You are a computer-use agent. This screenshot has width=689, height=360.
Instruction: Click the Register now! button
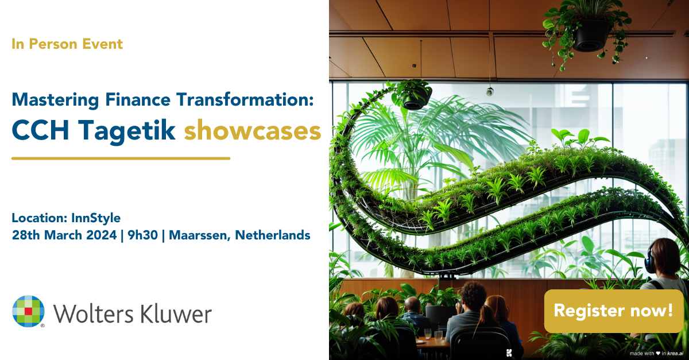point(614,311)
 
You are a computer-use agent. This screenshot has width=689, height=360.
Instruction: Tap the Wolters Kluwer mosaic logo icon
point(28,311)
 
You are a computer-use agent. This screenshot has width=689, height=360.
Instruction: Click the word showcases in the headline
point(253,131)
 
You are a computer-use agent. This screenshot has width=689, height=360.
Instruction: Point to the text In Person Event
point(67,44)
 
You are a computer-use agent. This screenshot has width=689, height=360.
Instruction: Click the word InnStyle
point(96,218)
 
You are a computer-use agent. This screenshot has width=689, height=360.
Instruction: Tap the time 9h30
point(143,235)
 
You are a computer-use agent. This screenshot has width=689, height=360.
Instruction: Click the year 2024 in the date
point(102,235)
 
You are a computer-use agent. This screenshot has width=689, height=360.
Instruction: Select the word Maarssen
point(200,235)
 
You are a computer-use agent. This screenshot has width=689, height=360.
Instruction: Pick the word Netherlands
point(273,235)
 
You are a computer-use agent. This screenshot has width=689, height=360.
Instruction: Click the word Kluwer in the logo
point(176,314)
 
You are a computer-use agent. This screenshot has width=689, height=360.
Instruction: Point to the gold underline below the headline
point(121,158)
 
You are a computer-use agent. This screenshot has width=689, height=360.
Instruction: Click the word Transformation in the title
point(245,99)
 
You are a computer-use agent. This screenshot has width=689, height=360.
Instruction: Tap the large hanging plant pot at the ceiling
point(590,36)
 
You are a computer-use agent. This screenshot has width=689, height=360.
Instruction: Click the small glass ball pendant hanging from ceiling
point(490,91)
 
